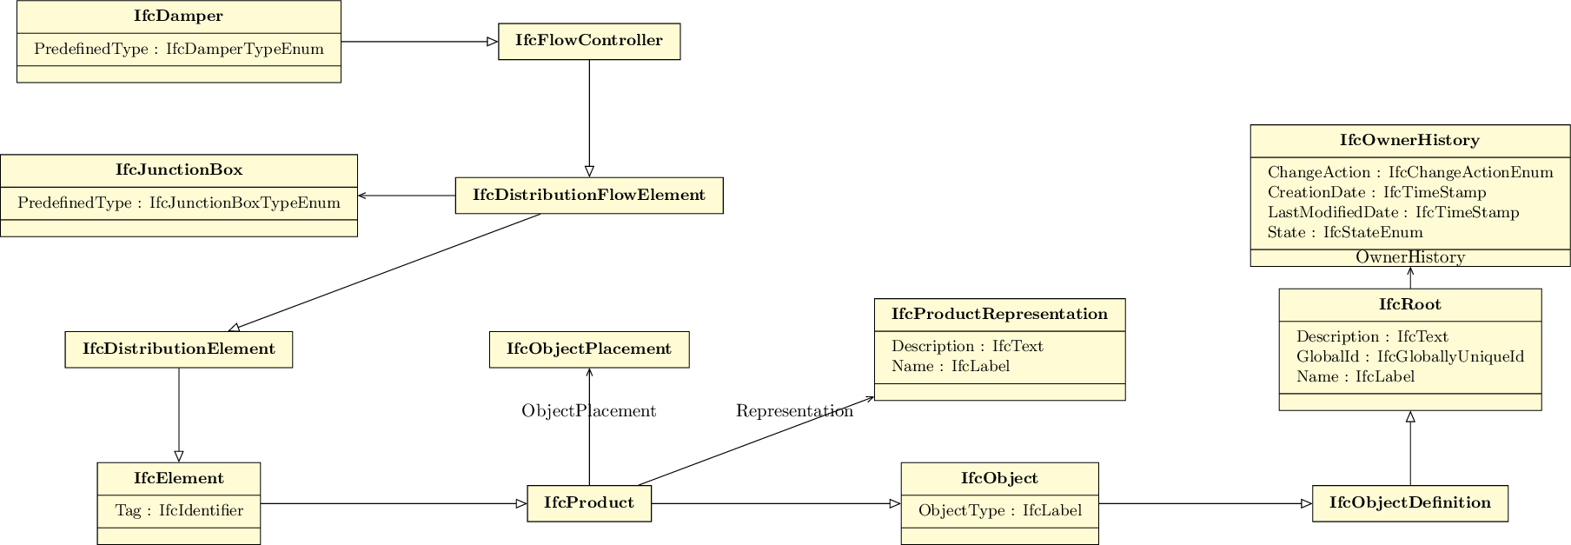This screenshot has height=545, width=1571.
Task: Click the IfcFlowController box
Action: [x=589, y=42]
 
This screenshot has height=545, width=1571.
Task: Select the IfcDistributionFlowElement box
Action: [x=589, y=196]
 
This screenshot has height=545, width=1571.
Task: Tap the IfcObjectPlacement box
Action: [x=589, y=349]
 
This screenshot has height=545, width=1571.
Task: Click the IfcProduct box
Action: [x=589, y=503]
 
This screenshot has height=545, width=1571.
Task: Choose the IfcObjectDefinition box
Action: [x=1409, y=503]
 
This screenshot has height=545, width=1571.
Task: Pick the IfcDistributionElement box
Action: [x=179, y=349]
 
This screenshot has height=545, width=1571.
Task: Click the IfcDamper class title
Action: [x=179, y=17]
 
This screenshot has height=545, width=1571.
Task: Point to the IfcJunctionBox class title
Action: [x=179, y=170]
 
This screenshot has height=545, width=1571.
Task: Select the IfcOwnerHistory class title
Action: [x=1409, y=141]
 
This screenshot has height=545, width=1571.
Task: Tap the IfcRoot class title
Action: [x=1409, y=305]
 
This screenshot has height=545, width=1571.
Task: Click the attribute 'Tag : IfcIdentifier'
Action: [x=179, y=511]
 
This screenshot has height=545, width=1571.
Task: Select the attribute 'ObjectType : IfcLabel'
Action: [x=999, y=511]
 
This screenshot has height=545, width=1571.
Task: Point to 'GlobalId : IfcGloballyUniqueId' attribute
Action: [x=1409, y=357]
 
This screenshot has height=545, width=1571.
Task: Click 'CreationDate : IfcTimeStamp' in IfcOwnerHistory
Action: [x=1376, y=193]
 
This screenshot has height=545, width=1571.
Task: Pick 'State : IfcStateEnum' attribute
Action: [x=1344, y=233]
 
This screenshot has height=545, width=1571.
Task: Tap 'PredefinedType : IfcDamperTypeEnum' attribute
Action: [x=179, y=50]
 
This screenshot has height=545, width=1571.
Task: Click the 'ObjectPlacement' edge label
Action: [x=589, y=411]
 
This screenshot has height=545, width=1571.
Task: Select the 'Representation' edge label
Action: [x=794, y=411]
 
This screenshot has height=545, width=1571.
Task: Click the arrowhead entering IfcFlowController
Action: [x=493, y=42]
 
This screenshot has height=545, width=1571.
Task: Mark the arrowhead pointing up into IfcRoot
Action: [x=1410, y=416]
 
